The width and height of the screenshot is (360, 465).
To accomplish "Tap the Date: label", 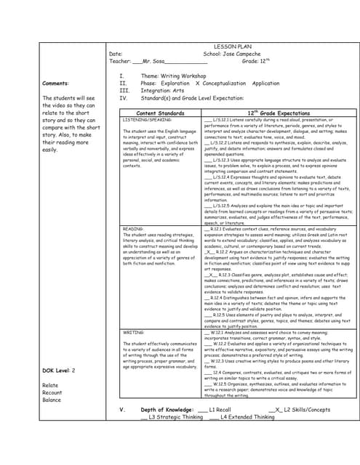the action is pyautogui.click(x=115, y=54).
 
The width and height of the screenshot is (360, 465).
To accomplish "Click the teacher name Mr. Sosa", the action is pyautogui.click(x=156, y=62).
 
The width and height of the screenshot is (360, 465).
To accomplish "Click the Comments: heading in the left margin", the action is pyautogui.click(x=56, y=84).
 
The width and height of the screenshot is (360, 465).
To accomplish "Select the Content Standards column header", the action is pyautogui.click(x=160, y=113).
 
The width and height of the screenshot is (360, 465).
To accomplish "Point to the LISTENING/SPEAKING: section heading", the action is pyautogui.click(x=147, y=119).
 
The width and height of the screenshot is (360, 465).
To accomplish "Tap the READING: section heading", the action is pyautogui.click(x=133, y=229).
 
